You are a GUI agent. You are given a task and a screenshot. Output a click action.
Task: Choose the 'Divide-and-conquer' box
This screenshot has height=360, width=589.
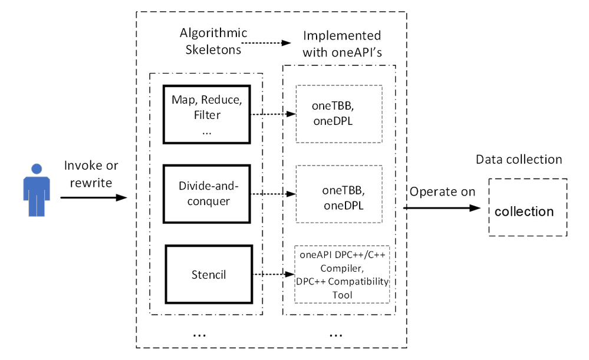point(203,193)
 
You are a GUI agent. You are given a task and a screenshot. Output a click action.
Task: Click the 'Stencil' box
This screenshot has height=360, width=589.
point(208,274)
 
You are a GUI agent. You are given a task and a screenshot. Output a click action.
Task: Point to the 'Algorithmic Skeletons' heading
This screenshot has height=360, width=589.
point(213,41)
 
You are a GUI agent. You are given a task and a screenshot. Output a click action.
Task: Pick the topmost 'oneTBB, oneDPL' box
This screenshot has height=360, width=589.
point(338,114)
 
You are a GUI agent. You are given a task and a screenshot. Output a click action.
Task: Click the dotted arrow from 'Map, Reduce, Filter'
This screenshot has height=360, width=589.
point(272,115)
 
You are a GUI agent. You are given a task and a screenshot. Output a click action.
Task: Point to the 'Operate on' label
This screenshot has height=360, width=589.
point(442,191)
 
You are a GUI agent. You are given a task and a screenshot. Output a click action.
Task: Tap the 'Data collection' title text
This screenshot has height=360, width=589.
point(519,160)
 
